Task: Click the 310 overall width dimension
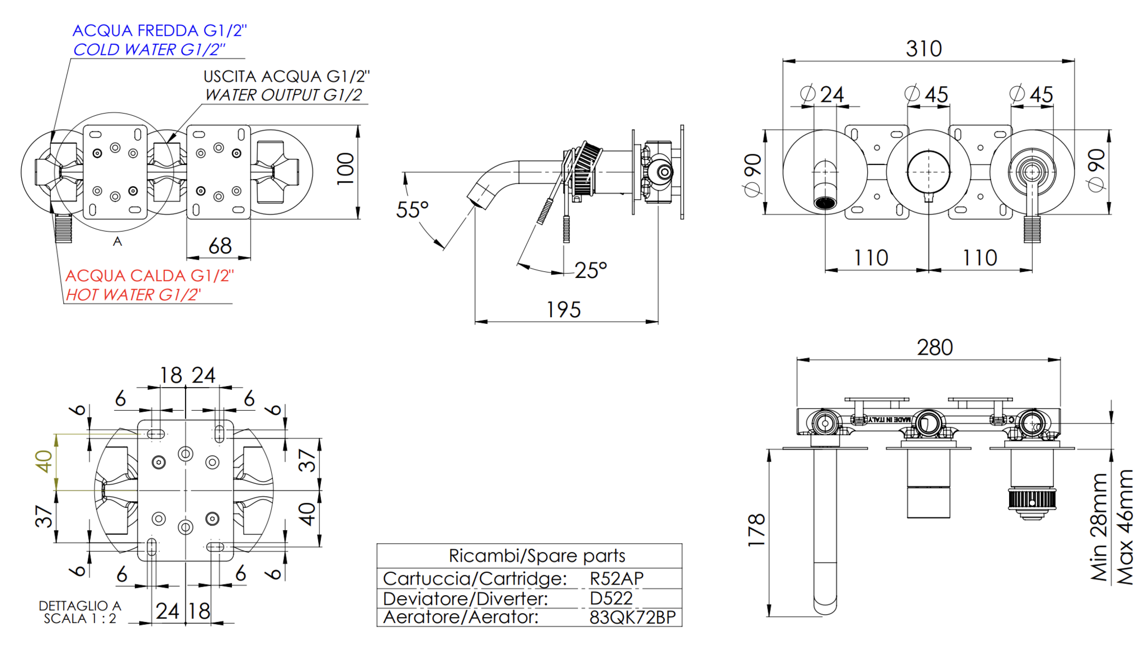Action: point(924,49)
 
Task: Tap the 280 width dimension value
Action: point(935,347)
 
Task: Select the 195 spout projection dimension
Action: point(564,309)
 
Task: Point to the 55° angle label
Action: point(412,210)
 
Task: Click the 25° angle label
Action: point(590,270)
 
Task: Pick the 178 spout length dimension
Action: point(756,530)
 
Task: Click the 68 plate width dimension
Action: point(220,246)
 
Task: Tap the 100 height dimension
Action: point(346,168)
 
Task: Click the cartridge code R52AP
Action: point(617,578)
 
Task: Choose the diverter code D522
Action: point(611,598)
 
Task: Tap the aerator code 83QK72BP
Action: point(633,617)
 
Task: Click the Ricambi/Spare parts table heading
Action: point(537,555)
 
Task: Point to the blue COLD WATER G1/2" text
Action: point(149,49)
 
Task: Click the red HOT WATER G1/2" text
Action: point(133,294)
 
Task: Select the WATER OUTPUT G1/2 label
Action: point(283,95)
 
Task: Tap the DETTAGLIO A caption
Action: point(80,605)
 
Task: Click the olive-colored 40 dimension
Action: point(44,462)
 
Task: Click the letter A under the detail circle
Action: point(117,242)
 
